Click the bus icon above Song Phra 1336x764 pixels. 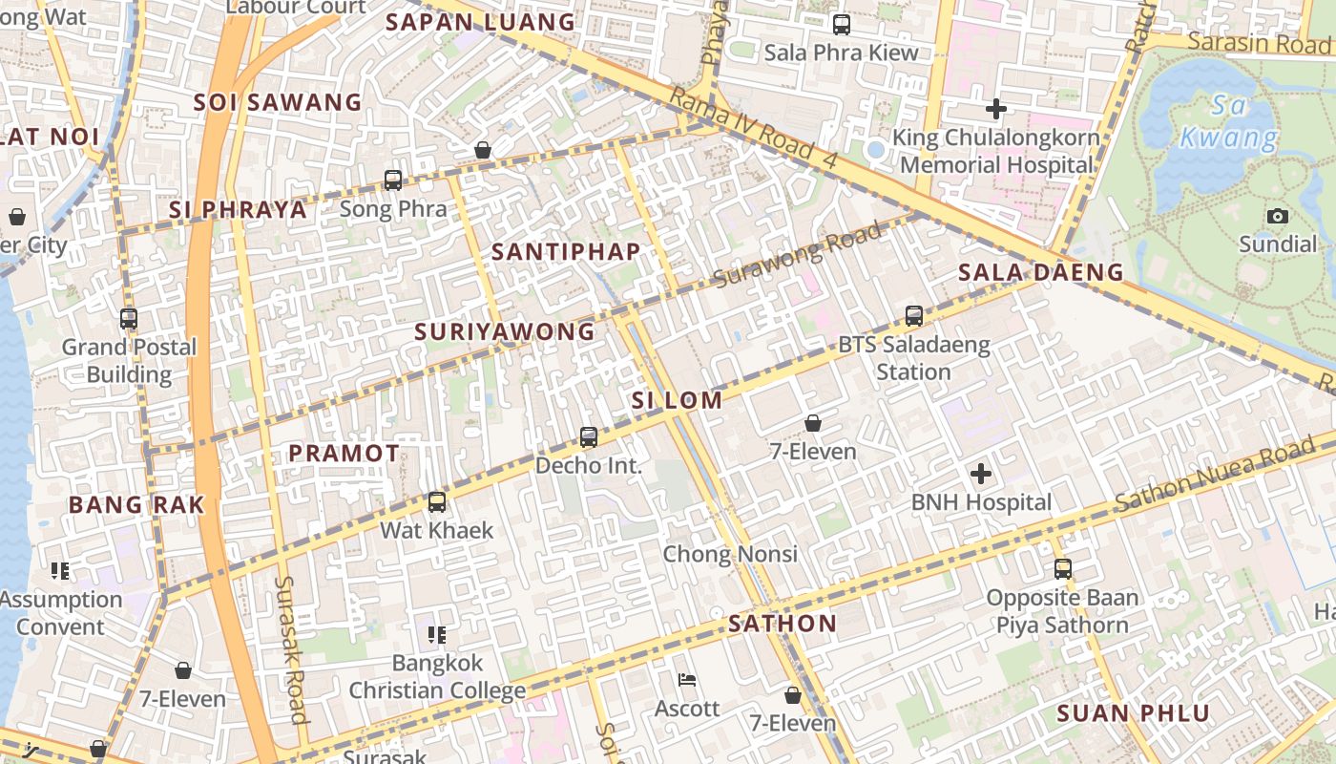(392, 180)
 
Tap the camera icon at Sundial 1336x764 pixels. (1277, 216)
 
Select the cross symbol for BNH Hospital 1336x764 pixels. (980, 474)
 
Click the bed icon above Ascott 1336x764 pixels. (686, 680)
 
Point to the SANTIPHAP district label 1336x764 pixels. (565, 251)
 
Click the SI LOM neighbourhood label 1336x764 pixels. (677, 400)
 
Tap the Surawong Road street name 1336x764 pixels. (798, 256)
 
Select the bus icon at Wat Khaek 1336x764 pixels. (436, 501)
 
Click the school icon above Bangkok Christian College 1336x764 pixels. (437, 634)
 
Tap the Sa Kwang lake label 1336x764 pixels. (1228, 121)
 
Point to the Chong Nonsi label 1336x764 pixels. (730, 554)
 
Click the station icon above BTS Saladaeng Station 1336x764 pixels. (913, 315)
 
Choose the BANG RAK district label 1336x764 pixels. (136, 505)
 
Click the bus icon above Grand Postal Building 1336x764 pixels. (128, 319)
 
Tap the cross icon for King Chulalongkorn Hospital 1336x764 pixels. (995, 109)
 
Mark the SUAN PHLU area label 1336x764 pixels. (1133, 712)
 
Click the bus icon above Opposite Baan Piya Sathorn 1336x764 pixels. (1062, 569)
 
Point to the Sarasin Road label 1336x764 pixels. (1259, 43)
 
